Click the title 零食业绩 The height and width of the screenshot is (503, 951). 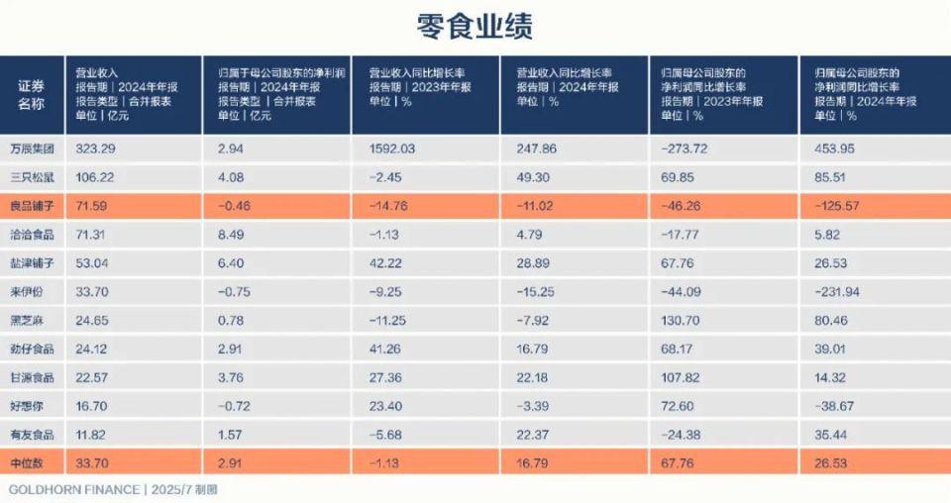(475, 27)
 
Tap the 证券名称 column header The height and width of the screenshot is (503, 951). (31, 94)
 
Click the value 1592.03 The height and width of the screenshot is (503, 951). (392, 149)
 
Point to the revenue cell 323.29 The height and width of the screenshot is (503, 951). (96, 149)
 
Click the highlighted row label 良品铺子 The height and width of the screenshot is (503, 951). (31, 206)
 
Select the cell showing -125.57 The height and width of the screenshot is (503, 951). (835, 206)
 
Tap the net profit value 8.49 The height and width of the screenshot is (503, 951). (231, 235)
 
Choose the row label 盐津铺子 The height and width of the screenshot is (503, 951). (31, 262)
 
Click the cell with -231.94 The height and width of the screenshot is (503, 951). (835, 292)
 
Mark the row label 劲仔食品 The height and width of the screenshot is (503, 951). (31, 349)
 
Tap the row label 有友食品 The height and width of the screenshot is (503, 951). (31, 435)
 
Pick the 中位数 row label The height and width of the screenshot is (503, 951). (28, 462)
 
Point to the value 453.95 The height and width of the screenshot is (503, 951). (835, 149)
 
